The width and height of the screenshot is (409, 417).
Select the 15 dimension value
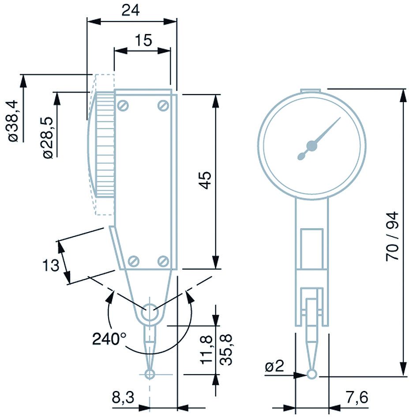tap(143, 40)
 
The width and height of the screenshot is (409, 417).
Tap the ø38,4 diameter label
tap(12, 120)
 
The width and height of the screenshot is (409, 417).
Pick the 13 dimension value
tap(50, 266)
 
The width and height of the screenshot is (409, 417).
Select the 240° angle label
tap(109, 339)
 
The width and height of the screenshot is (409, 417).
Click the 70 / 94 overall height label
tap(392, 236)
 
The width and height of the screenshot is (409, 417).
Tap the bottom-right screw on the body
tap(163, 261)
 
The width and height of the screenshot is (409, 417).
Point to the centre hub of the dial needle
tap(312, 145)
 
